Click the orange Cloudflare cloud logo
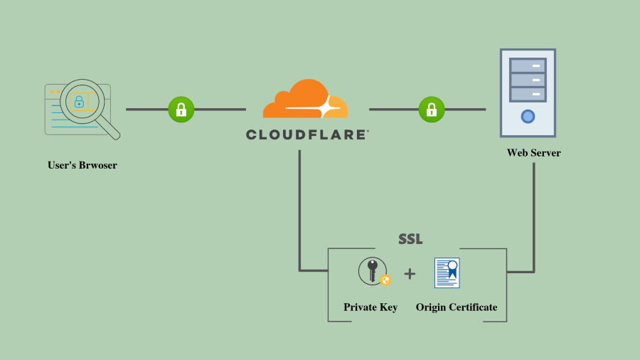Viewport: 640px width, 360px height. point(304,100)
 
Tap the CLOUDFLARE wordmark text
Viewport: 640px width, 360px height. point(306,134)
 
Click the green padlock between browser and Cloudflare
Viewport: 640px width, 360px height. point(181,110)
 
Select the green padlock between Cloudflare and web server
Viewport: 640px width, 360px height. point(431,110)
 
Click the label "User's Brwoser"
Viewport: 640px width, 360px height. point(82,165)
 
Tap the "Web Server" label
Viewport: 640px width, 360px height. point(533,153)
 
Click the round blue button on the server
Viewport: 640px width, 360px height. point(528,116)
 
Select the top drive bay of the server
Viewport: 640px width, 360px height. point(528,65)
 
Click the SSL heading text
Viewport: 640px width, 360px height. point(410,239)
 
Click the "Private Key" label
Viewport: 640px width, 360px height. point(370,307)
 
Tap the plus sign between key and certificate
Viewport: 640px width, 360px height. point(410,273)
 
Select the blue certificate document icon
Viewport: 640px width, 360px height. point(447,272)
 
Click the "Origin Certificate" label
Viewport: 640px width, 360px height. point(457,307)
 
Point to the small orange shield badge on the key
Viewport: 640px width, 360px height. point(385,280)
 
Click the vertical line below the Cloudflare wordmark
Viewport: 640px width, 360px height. point(299,206)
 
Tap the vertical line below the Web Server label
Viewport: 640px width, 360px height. point(533,213)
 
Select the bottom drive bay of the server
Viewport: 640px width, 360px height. point(528,94)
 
